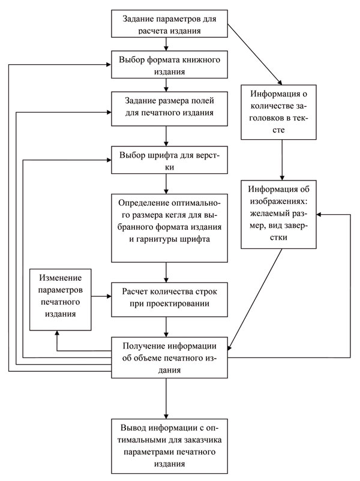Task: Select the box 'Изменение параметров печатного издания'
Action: pos(60,299)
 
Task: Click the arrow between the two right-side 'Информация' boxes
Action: pos(281,158)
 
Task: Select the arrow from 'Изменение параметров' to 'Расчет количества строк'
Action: pos(101,296)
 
